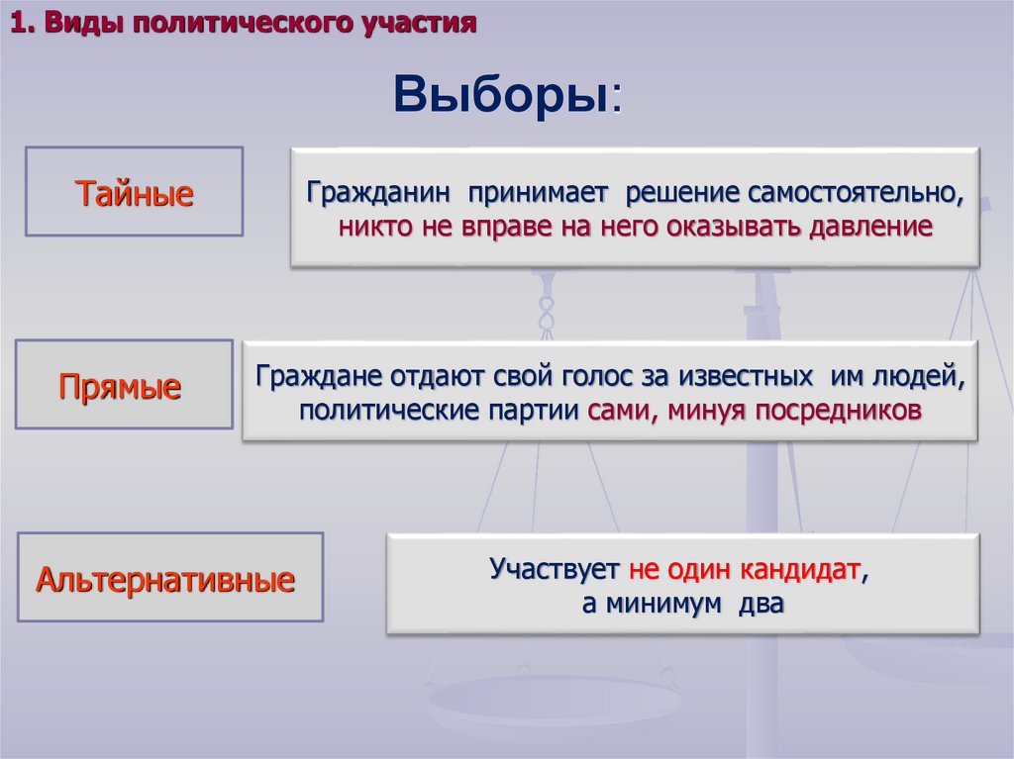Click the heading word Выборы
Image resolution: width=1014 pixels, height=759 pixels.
click(x=503, y=95)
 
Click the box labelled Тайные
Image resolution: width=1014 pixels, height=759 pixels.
click(x=134, y=192)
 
